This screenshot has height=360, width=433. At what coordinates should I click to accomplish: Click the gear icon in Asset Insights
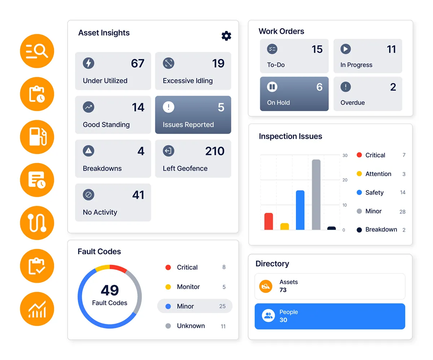[x=226, y=36]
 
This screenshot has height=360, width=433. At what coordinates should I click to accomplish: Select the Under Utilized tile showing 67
[x=113, y=71]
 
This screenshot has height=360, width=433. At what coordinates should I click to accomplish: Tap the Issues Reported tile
[x=193, y=115]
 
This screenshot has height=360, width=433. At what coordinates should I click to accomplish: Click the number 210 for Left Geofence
[x=215, y=151]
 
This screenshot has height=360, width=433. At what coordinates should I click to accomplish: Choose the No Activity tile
[x=113, y=202]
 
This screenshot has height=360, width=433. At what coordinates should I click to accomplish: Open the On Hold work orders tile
[x=294, y=94]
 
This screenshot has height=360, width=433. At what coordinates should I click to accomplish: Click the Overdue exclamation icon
[x=346, y=87]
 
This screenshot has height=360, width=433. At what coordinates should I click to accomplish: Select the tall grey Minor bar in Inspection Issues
[x=316, y=194]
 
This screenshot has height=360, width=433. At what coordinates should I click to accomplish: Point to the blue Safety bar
[x=300, y=210]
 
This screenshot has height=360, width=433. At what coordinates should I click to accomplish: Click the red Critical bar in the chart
[x=268, y=221]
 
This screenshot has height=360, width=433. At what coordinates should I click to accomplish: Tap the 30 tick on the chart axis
[x=345, y=155]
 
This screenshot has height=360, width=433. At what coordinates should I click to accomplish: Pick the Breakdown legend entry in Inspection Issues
[x=381, y=230]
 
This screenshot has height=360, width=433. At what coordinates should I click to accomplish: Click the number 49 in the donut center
[x=110, y=290]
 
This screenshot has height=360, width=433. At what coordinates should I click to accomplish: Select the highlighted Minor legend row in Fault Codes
[x=195, y=306]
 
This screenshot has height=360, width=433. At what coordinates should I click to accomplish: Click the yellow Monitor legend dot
[x=168, y=287]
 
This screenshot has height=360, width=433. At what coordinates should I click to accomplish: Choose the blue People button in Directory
[x=330, y=316]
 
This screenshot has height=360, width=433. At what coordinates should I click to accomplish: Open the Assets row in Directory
[x=330, y=286]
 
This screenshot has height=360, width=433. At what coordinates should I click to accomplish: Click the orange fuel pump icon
[x=37, y=137]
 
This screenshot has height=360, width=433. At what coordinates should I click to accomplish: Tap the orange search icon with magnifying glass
[x=37, y=51]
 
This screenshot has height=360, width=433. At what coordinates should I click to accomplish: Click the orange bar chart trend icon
[x=37, y=309]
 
